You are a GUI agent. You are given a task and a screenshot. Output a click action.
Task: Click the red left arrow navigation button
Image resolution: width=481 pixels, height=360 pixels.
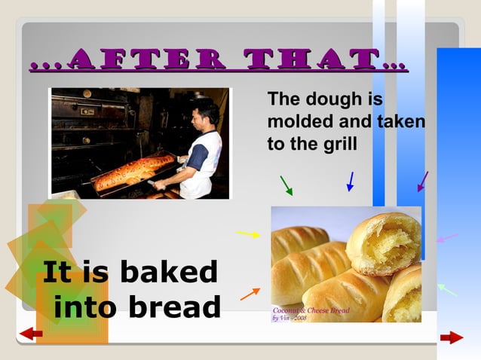point(31,334)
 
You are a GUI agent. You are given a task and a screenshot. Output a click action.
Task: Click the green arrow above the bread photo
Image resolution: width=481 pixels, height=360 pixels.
point(286,185)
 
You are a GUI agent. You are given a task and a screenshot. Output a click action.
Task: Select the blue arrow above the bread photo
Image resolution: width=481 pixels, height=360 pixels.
point(350,182)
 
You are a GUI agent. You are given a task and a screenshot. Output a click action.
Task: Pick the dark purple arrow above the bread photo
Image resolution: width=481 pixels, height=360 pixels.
point(423,182)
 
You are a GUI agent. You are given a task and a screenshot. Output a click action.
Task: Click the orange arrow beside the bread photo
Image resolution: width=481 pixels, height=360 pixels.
point(250,293)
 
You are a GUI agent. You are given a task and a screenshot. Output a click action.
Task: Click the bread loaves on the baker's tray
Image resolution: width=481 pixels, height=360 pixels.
point(132,172)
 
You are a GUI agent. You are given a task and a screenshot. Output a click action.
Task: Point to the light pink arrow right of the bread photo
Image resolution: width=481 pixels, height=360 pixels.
point(447,238)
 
